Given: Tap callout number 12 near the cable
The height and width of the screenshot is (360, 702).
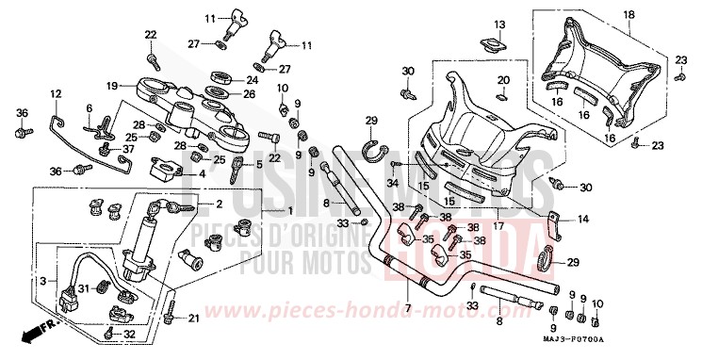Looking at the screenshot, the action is tap(56, 93).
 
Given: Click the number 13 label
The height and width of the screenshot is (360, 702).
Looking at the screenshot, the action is tap(499, 24).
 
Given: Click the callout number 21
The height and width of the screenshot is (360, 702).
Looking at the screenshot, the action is tap(194, 319).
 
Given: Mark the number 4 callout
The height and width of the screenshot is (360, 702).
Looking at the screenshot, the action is tap(202, 173).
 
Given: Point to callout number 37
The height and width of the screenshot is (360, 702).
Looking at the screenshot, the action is tap(129, 150).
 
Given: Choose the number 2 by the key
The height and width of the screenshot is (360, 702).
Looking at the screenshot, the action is tap(219, 204).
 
